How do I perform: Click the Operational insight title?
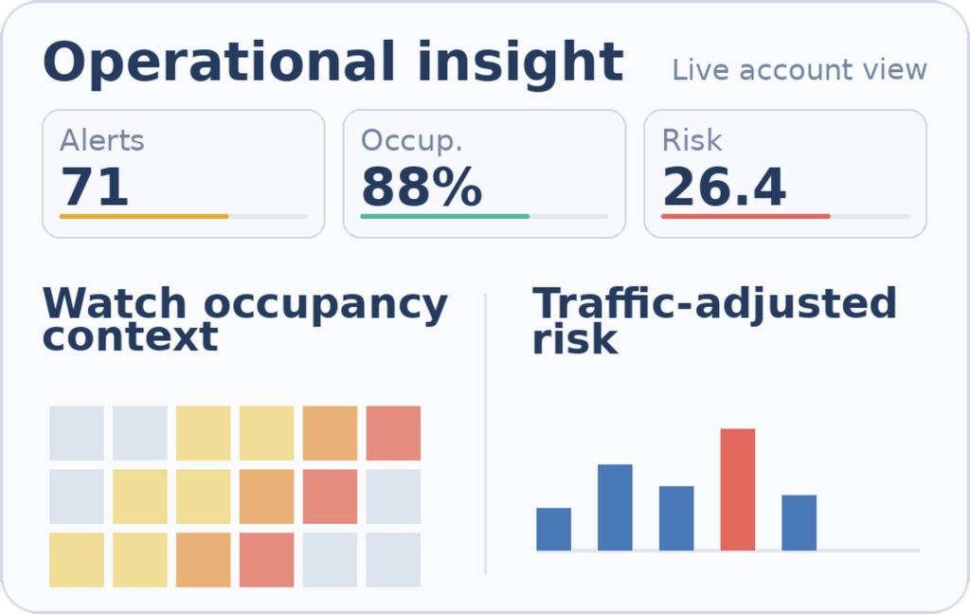coord(332,63)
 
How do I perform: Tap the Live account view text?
coord(799,70)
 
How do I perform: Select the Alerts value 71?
coord(95,187)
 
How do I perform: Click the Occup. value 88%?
coord(422,187)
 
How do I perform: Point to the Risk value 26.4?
coord(724,187)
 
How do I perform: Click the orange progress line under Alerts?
coord(144,216)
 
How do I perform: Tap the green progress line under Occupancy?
coord(444,216)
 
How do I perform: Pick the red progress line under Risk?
coord(745,216)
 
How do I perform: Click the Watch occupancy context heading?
coord(244,320)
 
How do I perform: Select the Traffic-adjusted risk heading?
coord(713,320)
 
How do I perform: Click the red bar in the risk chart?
coord(738,489)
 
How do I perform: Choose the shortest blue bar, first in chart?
coord(553,529)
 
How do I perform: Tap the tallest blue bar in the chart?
coord(615,507)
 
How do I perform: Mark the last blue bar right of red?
coord(799,522)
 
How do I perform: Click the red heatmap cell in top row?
coord(393,433)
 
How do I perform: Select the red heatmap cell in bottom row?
coord(266,559)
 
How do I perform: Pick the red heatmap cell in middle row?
coord(330,497)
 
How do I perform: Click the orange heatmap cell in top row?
coord(330,433)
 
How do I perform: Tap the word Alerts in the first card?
coord(102,140)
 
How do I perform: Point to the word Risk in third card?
coord(692,140)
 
